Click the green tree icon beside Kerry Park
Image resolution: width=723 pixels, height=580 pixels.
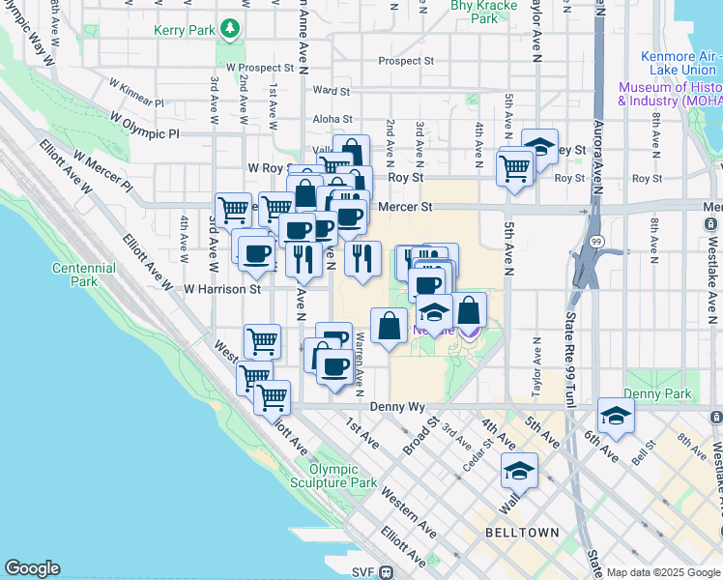230,30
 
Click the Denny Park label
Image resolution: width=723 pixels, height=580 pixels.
657,393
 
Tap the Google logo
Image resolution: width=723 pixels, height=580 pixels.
32,568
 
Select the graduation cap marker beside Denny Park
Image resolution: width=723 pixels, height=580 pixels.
616,416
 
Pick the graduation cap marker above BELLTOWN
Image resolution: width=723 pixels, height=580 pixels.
519,471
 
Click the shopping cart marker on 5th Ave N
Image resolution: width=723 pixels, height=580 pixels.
515,166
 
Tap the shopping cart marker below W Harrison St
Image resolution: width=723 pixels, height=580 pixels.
262,340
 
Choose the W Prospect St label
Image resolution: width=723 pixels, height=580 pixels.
259,69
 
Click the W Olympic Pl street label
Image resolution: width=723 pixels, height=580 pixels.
145,126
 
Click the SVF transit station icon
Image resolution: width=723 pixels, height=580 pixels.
386,572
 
